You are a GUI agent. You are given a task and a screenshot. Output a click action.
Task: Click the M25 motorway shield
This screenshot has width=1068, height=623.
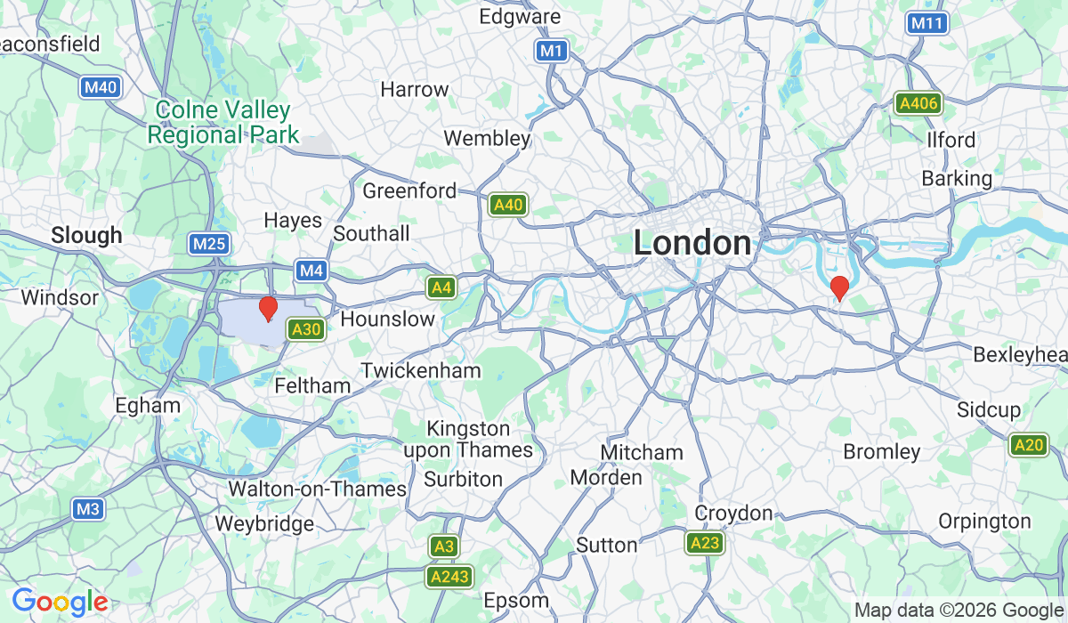pos(210,244)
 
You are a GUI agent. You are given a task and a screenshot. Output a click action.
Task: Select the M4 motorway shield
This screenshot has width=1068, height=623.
pos(311,269)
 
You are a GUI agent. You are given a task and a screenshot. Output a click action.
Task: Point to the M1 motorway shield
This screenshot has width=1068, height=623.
pos(552,51)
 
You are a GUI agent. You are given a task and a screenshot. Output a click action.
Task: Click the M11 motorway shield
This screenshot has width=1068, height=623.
pos(926,23)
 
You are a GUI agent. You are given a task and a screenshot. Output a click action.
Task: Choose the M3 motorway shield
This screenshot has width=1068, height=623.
pos(88,509)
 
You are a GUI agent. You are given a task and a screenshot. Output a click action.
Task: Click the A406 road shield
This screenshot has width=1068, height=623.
pos(918,103)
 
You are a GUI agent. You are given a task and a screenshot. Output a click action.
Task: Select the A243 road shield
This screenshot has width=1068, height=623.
pos(450,578)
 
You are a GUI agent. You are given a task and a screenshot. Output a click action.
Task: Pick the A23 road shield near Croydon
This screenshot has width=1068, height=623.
pos(703,543)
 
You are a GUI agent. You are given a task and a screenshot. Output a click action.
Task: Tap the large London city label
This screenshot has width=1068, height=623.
pos(692,243)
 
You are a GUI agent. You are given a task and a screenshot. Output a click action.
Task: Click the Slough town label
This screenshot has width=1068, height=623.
pos(86,236)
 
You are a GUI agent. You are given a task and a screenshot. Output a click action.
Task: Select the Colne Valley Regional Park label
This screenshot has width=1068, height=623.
pos(222,123)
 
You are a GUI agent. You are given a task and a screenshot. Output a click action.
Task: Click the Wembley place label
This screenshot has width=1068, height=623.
pos(487,139)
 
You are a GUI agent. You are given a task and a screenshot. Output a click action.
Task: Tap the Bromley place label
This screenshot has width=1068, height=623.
pos(881,452)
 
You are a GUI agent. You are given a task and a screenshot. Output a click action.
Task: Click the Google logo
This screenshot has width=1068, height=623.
pos(60,603)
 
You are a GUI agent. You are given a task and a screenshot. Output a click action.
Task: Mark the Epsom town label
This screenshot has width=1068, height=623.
pos(515,599)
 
